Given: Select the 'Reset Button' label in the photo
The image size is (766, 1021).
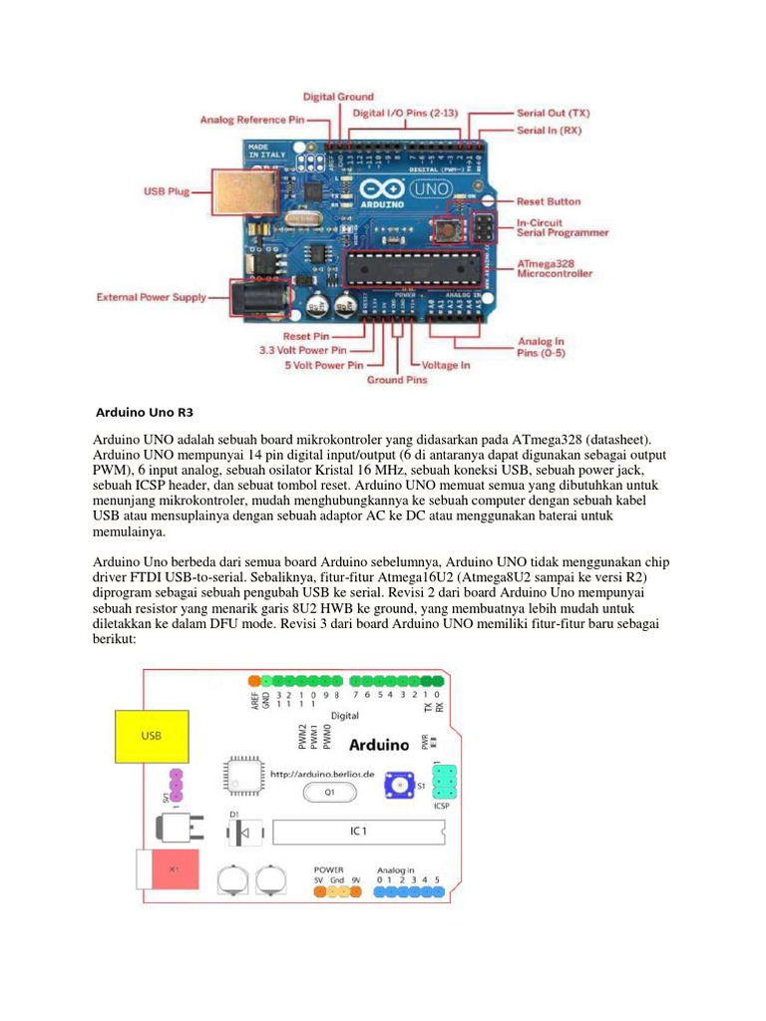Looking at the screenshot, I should click(548, 201).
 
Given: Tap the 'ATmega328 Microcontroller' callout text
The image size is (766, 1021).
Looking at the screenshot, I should click(555, 266).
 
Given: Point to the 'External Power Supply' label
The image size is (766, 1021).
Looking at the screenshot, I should click(152, 296).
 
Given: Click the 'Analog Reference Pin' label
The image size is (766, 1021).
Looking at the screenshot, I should click(251, 120).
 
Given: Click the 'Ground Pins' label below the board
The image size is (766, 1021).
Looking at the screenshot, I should click(397, 380).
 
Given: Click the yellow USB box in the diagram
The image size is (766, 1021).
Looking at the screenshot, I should click(151, 736).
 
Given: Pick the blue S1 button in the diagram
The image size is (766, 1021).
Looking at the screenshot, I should click(399, 787).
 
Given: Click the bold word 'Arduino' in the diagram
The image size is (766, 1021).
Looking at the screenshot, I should click(379, 744).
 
